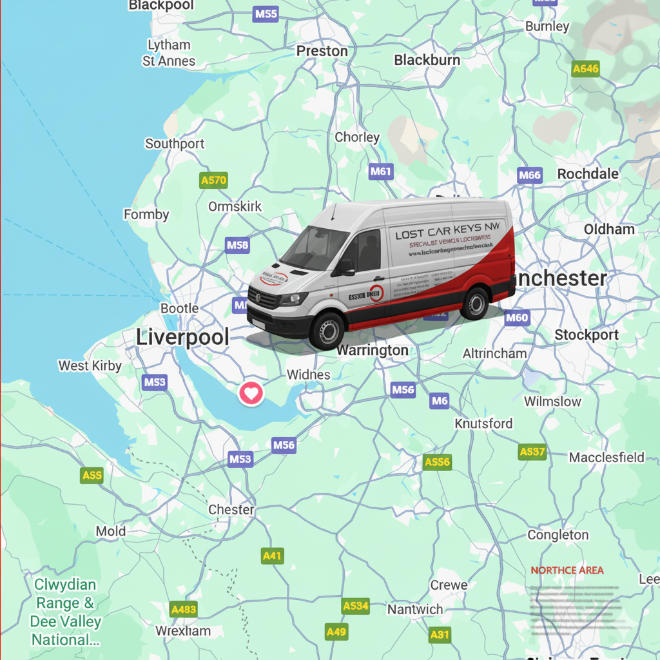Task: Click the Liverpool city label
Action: coord(182,337)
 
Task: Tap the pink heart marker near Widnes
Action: coord(251,393)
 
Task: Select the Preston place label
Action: coord(322,51)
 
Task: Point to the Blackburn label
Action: coord(427,60)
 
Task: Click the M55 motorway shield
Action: coord(266,14)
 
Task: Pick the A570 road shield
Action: coord(213,180)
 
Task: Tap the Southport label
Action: coord(174,144)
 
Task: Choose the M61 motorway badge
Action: coord(381,171)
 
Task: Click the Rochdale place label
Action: coord(587,174)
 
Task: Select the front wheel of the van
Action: coord(327,331)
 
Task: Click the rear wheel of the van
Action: coord(475,304)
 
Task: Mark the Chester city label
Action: coord(231,510)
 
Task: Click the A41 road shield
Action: coord(273,556)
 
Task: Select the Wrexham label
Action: coord(183,631)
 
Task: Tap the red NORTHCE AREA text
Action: coord(567,570)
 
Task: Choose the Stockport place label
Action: coord(586,335)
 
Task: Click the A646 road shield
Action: coord(586,69)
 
